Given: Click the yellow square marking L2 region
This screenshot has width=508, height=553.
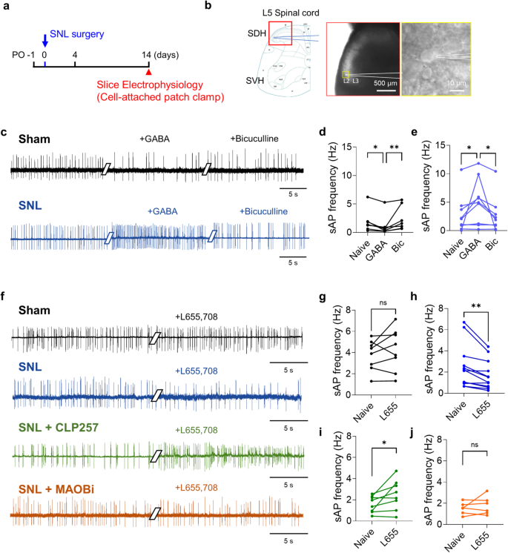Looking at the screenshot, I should click(346, 74).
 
